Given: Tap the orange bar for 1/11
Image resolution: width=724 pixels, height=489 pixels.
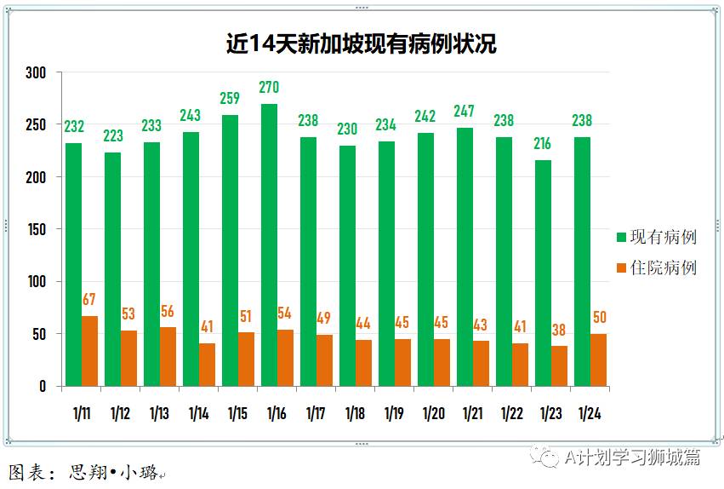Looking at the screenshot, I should [89, 351].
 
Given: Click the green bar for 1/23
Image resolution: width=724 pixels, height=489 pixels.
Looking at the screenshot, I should [543, 273].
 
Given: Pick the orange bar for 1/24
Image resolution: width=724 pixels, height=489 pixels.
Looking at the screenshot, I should [598, 360].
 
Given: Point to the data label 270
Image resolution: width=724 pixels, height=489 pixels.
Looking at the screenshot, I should [269, 87].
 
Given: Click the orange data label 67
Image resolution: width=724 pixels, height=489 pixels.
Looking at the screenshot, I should [89, 300].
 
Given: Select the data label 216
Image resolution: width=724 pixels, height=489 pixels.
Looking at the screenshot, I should [543, 143].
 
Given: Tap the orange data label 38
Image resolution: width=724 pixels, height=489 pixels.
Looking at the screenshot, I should [559, 330].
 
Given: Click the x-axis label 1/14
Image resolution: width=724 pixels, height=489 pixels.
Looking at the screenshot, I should [198, 413].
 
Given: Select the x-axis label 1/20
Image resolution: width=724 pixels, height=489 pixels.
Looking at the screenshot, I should [433, 413].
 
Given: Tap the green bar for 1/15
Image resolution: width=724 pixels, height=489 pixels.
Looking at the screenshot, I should [230, 250].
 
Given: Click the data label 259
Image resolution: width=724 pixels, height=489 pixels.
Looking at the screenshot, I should [230, 99].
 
